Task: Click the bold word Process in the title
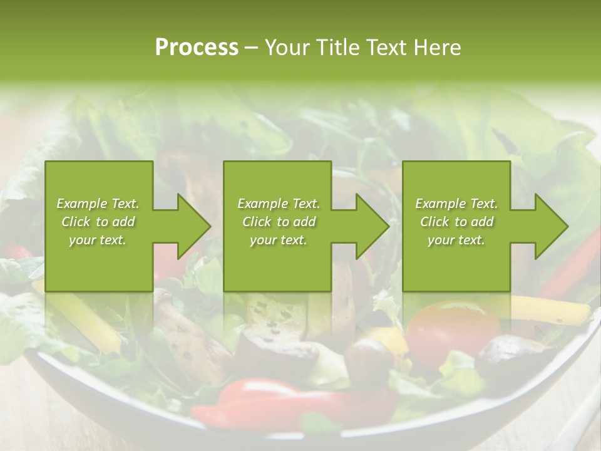[x=197, y=48]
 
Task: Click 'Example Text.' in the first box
[x=98, y=204]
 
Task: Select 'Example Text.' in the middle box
[x=279, y=204]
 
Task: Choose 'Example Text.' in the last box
[x=456, y=204]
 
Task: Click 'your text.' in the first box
[x=98, y=240]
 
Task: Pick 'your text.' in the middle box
[x=279, y=240]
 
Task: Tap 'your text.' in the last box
[x=456, y=240]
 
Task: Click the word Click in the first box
[x=76, y=222]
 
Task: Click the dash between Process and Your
[x=251, y=48]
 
